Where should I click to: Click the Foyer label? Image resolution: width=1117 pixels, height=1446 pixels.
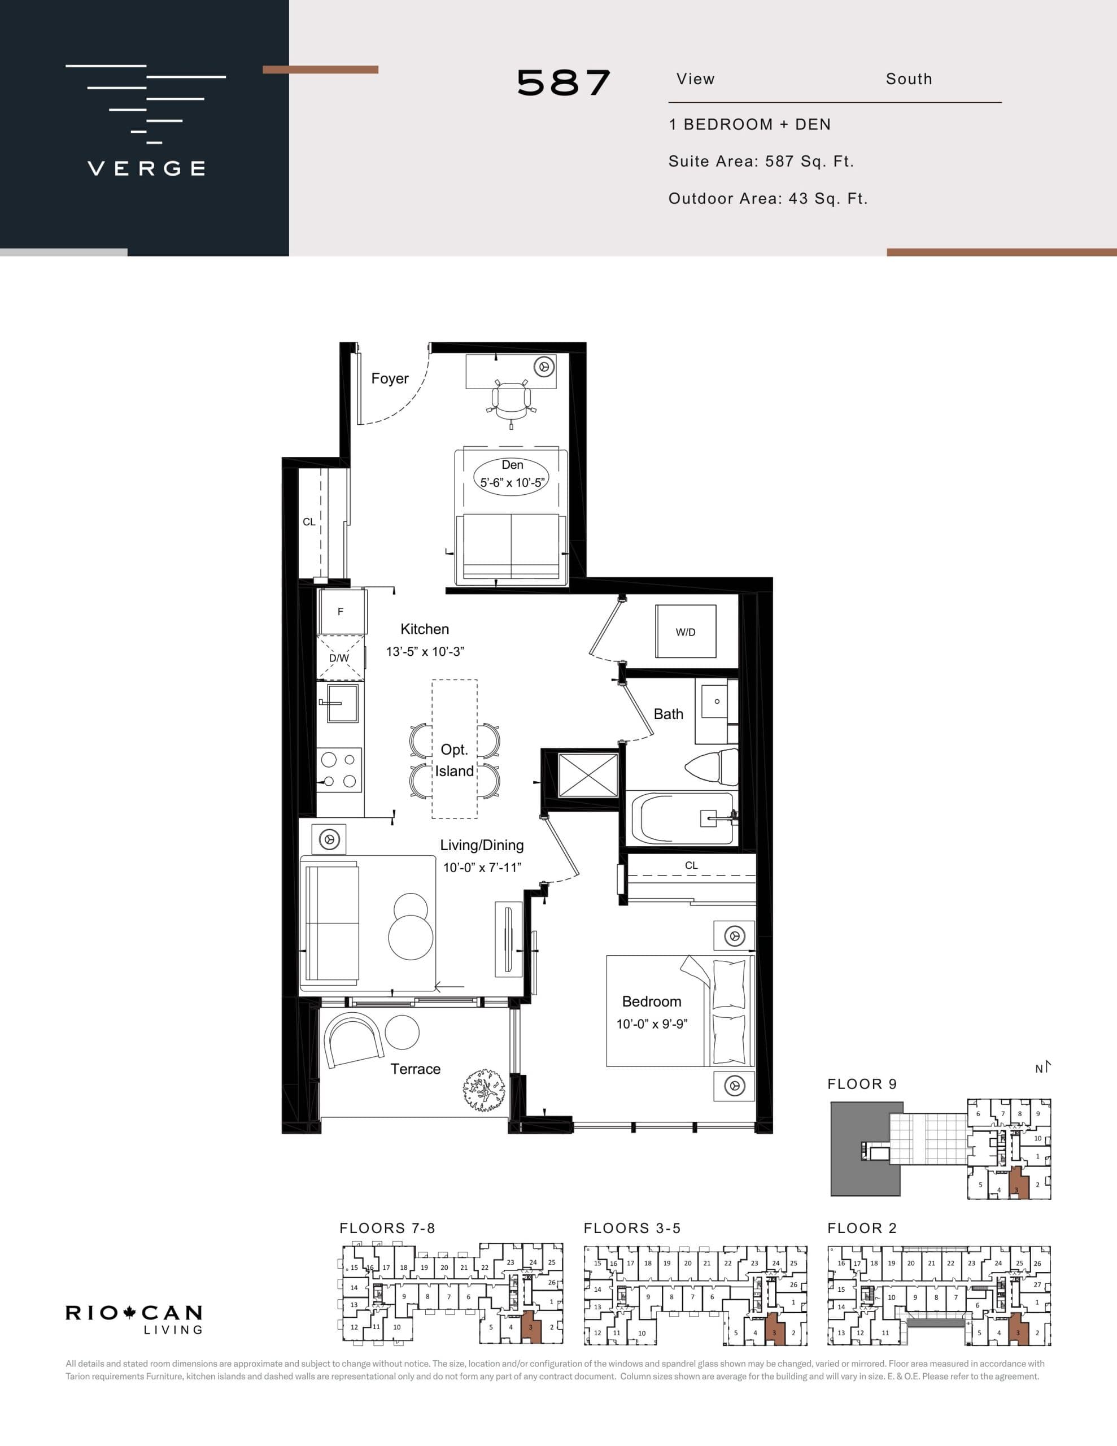pos(389,378)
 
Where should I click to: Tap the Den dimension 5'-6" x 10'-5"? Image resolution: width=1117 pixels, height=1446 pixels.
pos(512,483)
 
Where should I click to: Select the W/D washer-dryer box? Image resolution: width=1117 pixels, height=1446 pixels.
pos(686,631)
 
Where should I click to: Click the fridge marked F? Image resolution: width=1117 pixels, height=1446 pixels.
pos(341,612)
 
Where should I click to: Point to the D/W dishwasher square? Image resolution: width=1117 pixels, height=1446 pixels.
pos(339,658)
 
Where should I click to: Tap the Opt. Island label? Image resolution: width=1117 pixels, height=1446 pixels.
pos(454,760)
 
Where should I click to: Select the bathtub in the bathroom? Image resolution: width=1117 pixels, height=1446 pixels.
pos(682,818)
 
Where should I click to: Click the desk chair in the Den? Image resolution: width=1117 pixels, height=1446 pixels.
pos(511,402)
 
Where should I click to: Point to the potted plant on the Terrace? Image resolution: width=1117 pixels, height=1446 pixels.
pos(484,1088)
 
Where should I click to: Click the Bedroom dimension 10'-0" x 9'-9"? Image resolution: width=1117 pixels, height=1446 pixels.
pos(652,1024)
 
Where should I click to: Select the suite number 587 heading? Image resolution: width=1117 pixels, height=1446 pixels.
pos(564,84)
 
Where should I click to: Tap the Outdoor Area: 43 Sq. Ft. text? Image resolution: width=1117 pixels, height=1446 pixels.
pos(767,199)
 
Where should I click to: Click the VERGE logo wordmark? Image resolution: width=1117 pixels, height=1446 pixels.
pos(146,168)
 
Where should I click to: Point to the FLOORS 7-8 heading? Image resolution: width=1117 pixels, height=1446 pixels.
pos(387,1228)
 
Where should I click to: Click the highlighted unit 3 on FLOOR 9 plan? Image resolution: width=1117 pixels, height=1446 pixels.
pos(1017,1186)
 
